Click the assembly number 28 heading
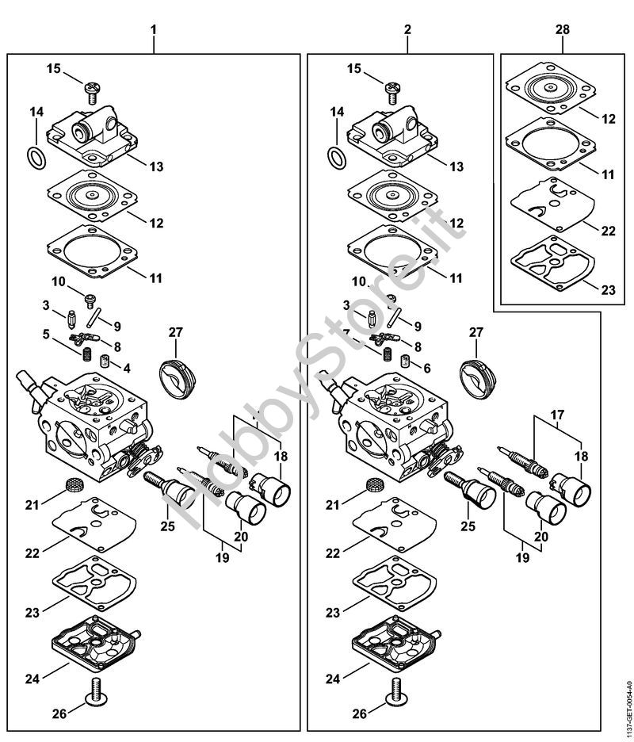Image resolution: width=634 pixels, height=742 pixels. (561, 29)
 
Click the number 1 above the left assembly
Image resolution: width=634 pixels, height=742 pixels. (154, 29)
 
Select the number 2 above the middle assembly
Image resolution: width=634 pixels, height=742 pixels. (407, 29)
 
